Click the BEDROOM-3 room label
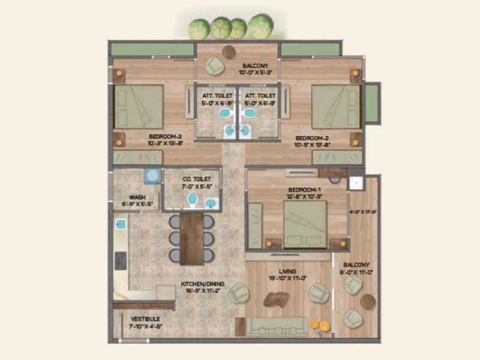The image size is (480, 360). (x=164, y=136)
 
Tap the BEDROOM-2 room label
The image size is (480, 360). (x=313, y=137)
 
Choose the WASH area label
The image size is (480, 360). (x=137, y=196)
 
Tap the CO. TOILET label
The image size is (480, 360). (x=191, y=178)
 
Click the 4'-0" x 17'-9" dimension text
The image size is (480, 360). (x=362, y=211)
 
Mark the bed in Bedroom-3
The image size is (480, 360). (x=139, y=106)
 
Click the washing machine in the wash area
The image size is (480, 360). (x=152, y=175)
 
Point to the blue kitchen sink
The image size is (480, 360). (x=121, y=224)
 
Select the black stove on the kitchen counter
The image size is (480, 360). (x=121, y=260)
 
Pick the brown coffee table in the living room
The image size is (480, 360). (x=278, y=299)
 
